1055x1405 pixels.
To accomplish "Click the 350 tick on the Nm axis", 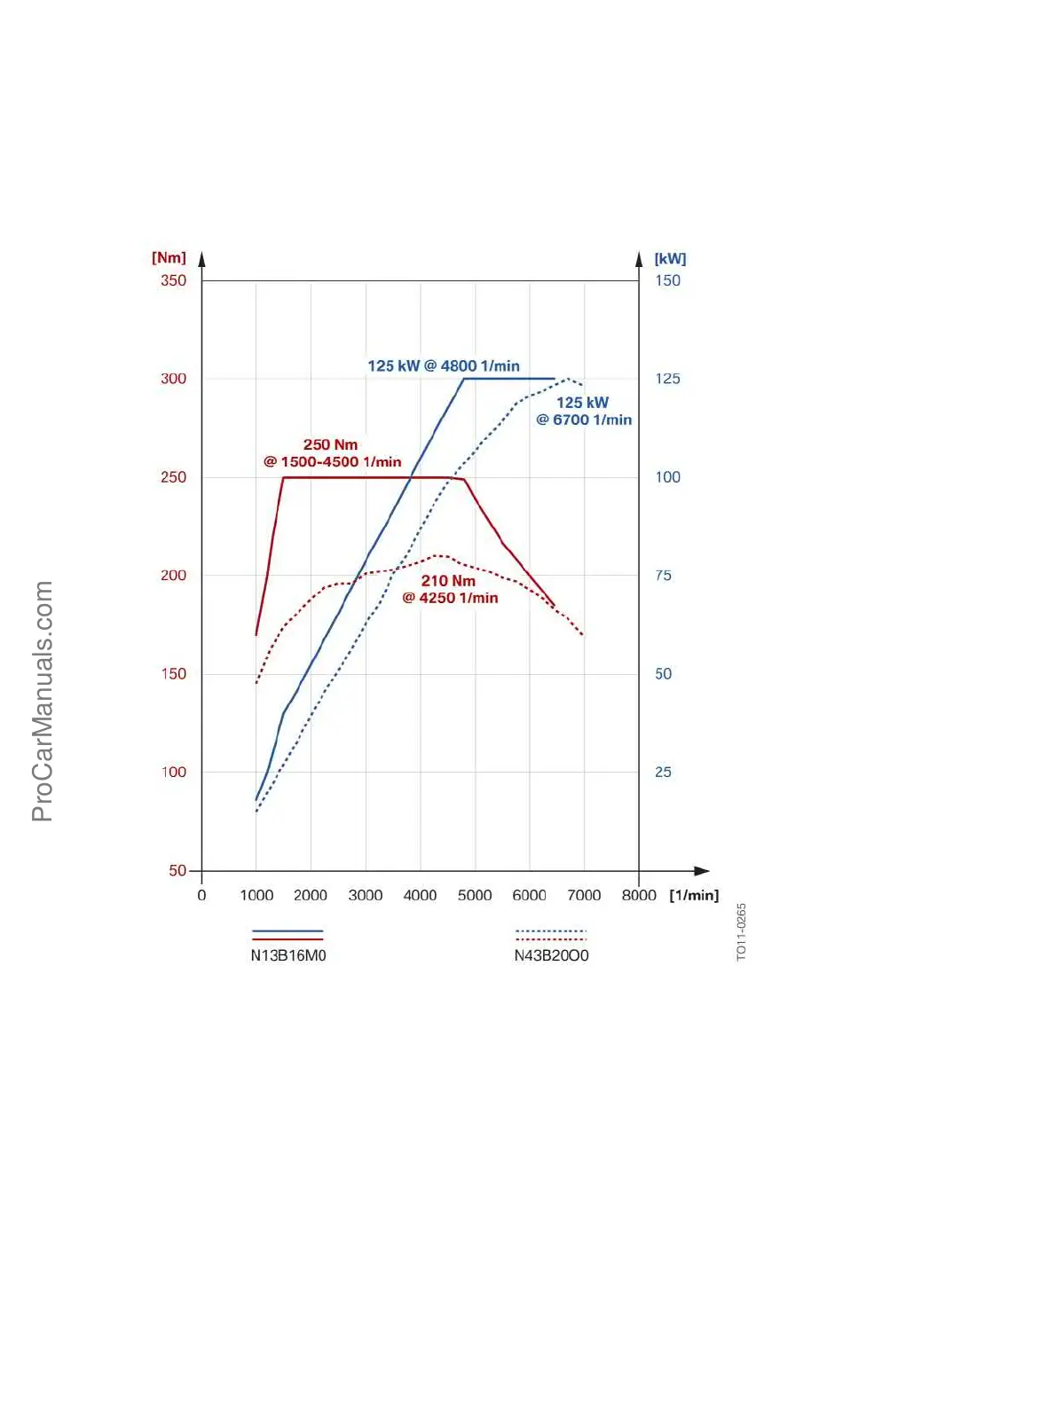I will point(173,280).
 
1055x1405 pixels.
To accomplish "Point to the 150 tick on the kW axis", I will point(667,280).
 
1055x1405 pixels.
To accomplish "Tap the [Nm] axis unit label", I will point(169,257).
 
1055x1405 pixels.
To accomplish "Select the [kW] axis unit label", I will point(670,258).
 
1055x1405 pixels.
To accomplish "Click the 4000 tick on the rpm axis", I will point(420,895).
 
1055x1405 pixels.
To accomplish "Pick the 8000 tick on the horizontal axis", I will point(639,895).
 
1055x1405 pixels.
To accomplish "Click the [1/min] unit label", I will point(694,895).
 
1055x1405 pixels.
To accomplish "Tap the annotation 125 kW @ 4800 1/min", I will point(444,365).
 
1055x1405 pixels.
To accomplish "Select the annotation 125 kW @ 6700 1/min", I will point(584,411).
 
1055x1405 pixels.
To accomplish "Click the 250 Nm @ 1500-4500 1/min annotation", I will point(332,452).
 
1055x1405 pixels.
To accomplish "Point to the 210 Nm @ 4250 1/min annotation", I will point(450,589).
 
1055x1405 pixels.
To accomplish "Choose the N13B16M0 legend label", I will point(288,955).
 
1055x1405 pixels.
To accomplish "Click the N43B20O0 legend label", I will point(551,955).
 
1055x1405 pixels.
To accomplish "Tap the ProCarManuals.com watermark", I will point(42,701).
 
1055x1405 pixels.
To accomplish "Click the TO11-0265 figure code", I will point(742,931).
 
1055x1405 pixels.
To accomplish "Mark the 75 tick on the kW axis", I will point(663,576).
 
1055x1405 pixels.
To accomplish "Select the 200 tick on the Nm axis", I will point(173,576).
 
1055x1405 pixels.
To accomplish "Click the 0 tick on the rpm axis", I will point(201,895).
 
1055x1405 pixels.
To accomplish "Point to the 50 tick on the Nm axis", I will point(177,870).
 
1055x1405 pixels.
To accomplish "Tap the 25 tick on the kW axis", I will point(663,772).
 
